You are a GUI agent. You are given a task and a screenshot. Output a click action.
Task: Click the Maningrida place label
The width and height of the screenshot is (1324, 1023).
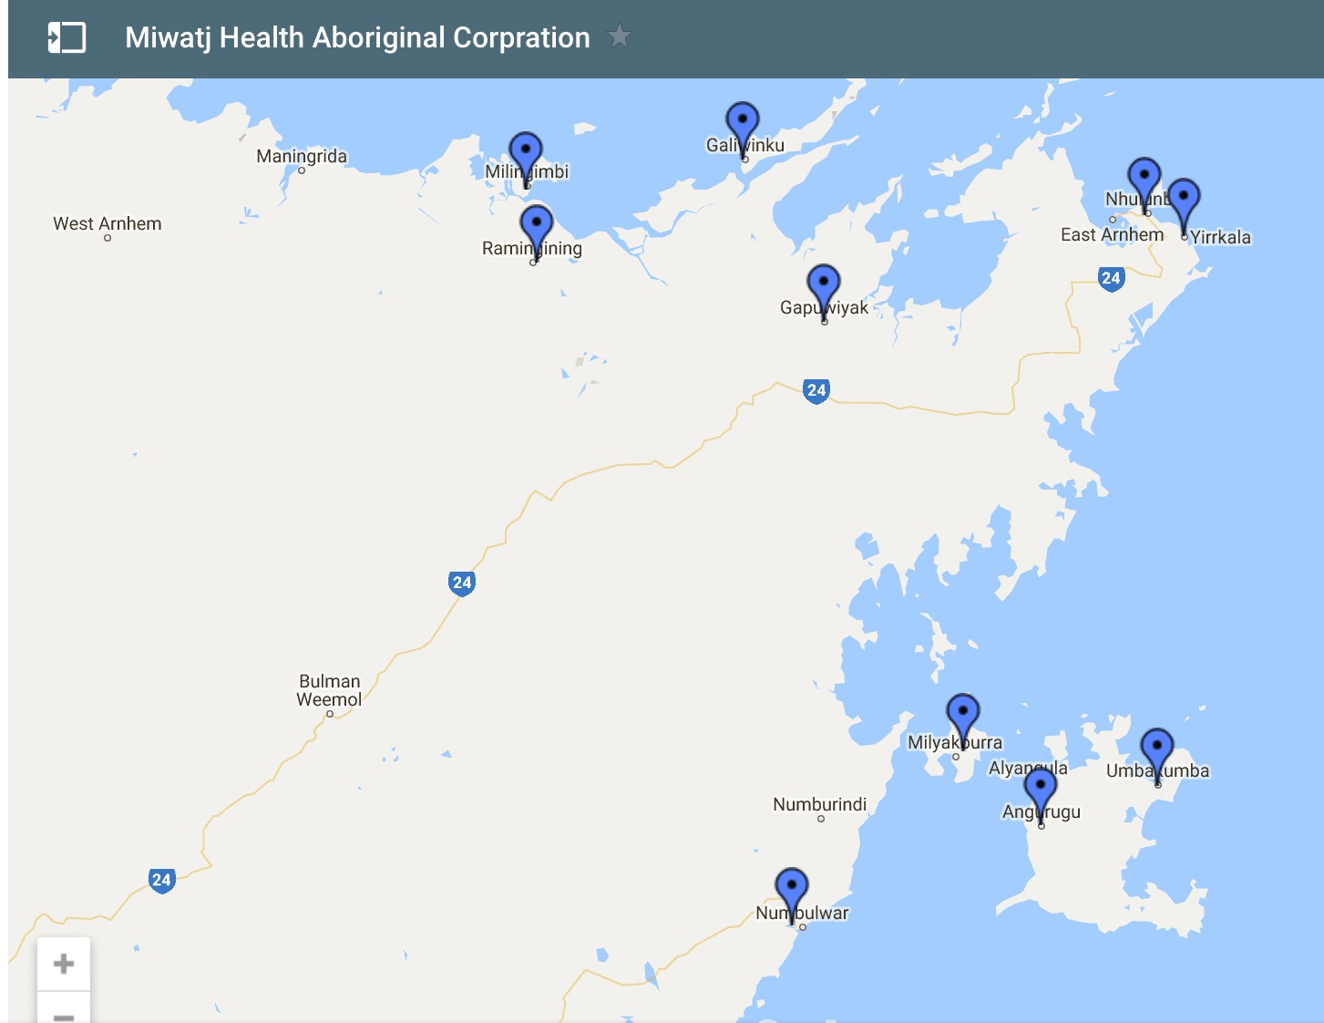302,156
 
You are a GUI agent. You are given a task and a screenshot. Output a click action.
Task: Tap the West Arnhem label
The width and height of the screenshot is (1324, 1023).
108,223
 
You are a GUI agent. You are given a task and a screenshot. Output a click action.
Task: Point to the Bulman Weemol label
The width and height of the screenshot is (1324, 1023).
329,690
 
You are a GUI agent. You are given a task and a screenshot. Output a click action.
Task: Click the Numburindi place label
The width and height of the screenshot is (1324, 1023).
820,804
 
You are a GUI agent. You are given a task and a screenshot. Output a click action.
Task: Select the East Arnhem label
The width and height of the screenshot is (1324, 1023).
1112,234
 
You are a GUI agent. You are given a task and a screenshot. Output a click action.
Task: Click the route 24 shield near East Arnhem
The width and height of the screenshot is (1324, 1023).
1111,278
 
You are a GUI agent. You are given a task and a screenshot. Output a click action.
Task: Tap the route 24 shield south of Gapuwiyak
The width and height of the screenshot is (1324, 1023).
816,390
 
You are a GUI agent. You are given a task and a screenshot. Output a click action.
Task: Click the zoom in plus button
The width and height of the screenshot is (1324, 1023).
64,964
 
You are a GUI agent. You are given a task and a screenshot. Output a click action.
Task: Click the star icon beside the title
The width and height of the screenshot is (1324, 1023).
620,36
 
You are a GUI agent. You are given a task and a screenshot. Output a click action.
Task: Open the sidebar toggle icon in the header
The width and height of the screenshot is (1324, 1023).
67,37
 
